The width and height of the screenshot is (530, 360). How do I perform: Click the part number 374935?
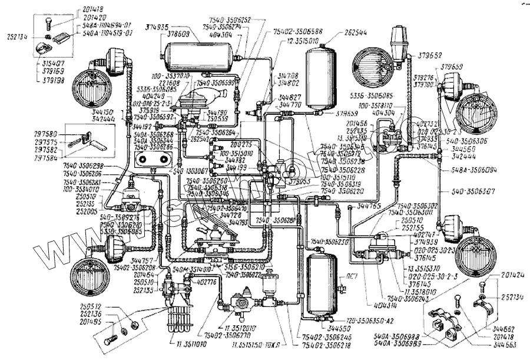(158, 27)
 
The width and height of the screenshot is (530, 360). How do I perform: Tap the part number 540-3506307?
(474, 192)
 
